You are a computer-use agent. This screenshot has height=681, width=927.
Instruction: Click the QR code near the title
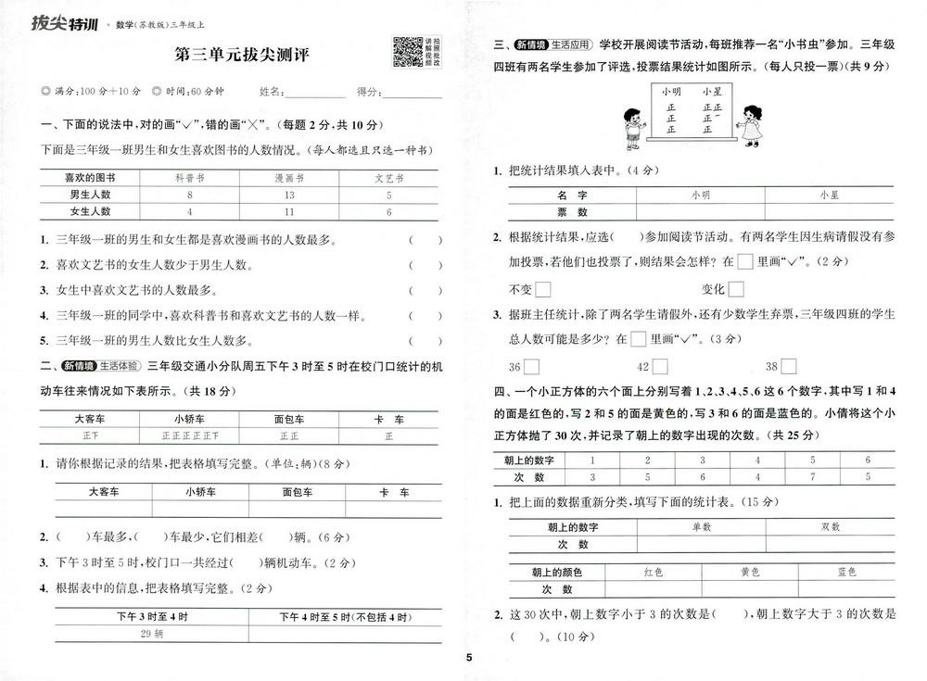click(408, 52)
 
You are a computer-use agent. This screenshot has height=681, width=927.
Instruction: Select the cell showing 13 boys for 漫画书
click(289, 195)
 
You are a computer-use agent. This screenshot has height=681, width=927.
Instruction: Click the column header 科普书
click(189, 177)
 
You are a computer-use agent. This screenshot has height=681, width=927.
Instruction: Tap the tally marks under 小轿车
click(189, 435)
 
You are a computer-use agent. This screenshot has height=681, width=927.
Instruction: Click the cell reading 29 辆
click(151, 634)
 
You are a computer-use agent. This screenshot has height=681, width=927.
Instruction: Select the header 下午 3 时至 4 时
click(151, 616)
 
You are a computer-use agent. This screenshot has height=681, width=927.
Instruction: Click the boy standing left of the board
click(632, 127)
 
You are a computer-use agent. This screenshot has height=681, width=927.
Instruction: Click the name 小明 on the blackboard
click(671, 91)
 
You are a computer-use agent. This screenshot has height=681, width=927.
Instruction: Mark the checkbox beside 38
click(788, 365)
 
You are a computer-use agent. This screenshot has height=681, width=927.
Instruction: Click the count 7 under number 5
click(811, 477)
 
